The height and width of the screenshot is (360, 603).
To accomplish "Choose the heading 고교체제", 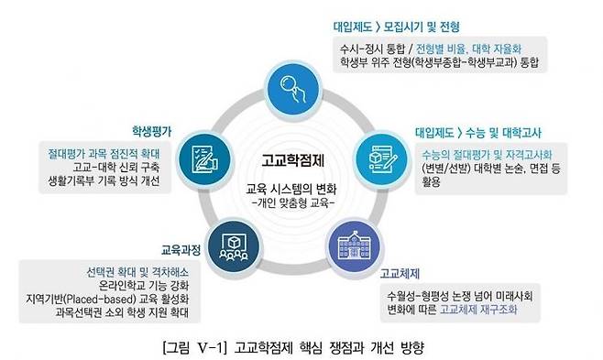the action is [x=400, y=273].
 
